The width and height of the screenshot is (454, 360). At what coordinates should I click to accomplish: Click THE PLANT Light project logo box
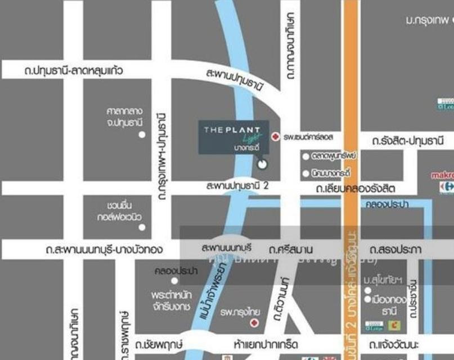tap(233, 137)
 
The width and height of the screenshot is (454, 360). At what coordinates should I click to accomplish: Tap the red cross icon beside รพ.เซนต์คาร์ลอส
tap(275, 137)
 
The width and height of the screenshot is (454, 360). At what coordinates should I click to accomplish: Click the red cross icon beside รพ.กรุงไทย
tap(254, 323)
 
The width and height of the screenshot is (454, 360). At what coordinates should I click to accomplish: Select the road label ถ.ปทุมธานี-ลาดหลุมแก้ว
tap(74, 71)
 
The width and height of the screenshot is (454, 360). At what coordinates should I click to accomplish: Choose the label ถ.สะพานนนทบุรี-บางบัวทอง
tap(105, 249)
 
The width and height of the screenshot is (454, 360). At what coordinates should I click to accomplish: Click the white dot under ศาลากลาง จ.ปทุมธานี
tap(142, 134)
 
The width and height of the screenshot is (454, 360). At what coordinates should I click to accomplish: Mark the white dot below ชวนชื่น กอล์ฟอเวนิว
tap(142, 227)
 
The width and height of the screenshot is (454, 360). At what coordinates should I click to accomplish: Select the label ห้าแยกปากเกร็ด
tap(266, 343)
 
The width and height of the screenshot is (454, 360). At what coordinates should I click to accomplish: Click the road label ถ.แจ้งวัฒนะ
tap(398, 343)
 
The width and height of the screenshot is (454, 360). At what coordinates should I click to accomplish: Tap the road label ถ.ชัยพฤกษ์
tap(157, 343)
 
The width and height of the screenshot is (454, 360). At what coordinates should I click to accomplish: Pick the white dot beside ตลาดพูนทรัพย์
tap(306, 156)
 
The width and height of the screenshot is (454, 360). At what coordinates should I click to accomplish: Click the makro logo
tap(442, 175)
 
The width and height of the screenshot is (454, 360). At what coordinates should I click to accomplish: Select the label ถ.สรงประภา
tap(395, 249)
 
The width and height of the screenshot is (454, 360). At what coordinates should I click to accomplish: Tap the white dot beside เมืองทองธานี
tap(368, 300)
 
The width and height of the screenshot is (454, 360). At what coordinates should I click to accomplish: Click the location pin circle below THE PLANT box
tap(262, 164)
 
